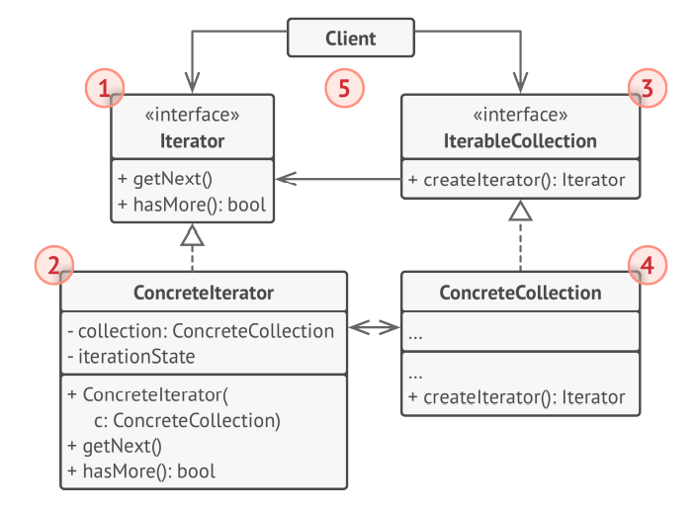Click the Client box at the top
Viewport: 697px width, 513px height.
tap(350, 39)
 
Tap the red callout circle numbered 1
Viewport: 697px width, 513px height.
tap(105, 87)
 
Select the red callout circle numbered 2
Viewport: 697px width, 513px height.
tap(53, 264)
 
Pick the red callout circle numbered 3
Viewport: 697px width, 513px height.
tap(648, 87)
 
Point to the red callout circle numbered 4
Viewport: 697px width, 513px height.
tap(648, 264)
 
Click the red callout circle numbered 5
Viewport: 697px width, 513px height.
tap(344, 87)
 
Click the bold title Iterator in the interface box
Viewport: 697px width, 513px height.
tap(192, 140)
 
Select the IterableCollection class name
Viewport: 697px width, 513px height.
tap(519, 140)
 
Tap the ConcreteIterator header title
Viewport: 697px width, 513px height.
tap(203, 293)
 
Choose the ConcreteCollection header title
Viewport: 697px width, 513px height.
tap(519, 293)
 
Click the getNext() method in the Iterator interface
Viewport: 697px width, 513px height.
tap(165, 180)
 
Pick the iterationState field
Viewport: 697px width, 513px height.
tap(131, 356)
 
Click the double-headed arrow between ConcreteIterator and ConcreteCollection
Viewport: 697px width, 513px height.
tap(374, 327)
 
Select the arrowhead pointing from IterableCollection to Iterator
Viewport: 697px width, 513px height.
tap(284, 179)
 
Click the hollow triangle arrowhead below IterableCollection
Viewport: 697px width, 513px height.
tap(520, 209)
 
